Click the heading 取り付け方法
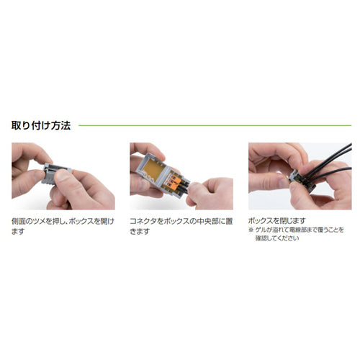click(40, 125)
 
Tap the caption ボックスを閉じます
click(276, 220)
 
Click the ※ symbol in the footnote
click(252, 230)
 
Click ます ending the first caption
click(18, 232)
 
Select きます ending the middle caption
click(140, 232)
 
